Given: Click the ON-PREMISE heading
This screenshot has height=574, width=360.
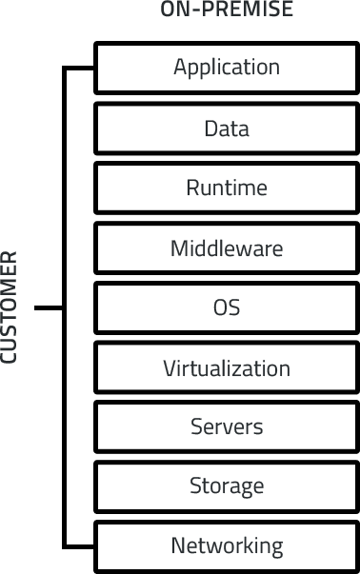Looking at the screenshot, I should tap(227, 10).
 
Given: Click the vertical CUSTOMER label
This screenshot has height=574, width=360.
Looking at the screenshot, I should tap(10, 307).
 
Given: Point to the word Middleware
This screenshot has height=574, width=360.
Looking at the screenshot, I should tap(227, 248).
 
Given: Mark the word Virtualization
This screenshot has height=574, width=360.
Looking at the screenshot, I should tap(227, 367).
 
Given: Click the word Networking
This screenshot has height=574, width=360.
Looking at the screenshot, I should tap(227, 546).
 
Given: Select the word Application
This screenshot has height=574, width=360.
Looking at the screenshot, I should tap(227, 68).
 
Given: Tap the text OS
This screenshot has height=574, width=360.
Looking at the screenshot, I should tap(227, 307).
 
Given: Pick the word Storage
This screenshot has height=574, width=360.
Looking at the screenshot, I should tap(227, 486).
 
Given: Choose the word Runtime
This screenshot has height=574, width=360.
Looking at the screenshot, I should tap(227, 188).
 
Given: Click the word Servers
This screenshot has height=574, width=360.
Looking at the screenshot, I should tap(227, 426).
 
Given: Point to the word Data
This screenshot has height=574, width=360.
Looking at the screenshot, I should tap(227, 128).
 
